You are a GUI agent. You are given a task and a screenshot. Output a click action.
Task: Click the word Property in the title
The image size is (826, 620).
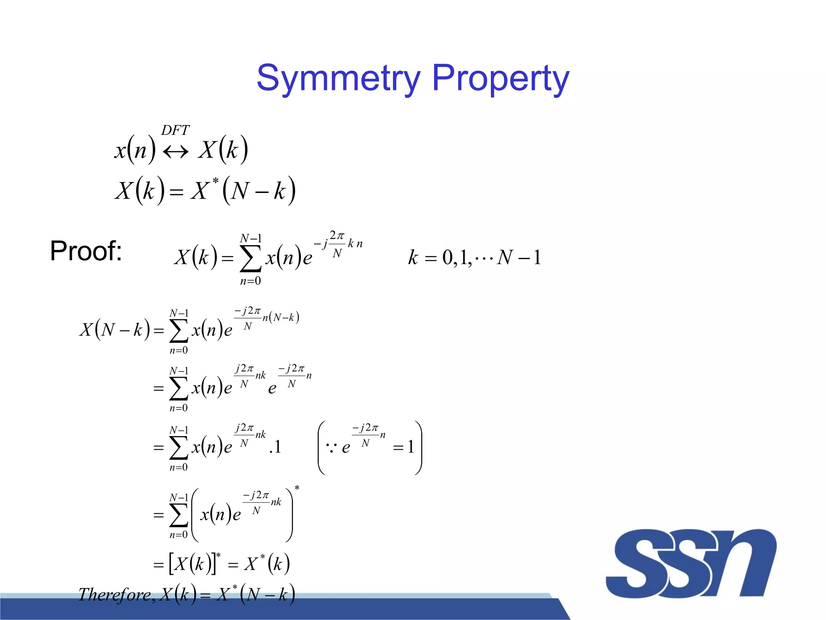[501, 78]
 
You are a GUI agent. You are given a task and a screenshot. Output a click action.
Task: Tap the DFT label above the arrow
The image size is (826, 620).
[175, 130]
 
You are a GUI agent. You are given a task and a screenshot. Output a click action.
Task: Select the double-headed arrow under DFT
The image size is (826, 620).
[175, 152]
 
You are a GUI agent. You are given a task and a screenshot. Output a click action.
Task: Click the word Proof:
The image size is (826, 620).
[86, 251]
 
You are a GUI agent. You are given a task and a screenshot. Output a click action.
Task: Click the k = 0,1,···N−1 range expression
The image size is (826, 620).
[474, 258]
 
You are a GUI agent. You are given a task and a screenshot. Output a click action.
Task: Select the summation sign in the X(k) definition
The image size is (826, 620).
[250, 258]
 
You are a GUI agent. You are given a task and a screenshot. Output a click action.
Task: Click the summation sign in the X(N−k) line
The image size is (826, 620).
[179, 331]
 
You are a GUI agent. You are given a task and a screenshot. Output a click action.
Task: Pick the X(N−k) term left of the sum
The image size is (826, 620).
[115, 330]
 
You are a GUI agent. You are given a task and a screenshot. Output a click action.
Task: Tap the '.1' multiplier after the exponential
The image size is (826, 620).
[275, 447]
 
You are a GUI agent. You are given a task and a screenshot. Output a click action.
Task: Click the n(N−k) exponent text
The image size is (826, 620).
[281, 318]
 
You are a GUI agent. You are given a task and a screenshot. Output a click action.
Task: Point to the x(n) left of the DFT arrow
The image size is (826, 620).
[135, 151]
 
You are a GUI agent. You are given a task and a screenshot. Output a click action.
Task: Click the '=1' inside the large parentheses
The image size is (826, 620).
[404, 447]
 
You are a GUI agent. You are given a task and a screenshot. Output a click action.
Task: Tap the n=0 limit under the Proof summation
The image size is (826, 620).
[250, 281]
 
